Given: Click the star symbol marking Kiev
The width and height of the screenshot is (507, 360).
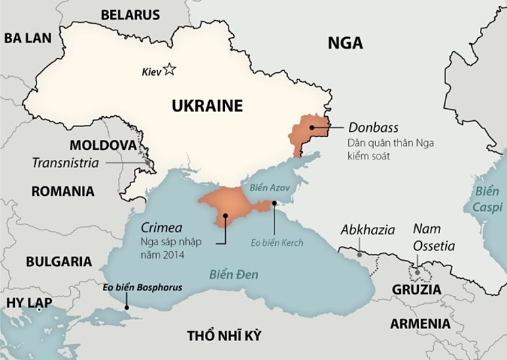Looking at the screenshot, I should coord(169,70).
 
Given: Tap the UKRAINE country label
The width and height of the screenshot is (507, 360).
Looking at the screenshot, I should coord(207,106).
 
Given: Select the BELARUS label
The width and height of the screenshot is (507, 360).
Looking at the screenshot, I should coord(130,15).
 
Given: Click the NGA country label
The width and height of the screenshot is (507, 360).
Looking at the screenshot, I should coord(345,43).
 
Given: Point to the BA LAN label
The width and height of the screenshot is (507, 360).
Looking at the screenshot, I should coord(28,38).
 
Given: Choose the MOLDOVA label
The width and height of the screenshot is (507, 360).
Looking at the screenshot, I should coord(102,145).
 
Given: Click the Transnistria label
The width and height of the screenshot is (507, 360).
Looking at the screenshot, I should coord(65,163).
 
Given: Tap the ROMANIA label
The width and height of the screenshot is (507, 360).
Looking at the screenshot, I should coord(63,191).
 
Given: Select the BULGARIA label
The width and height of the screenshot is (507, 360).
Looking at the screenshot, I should coord(59,261).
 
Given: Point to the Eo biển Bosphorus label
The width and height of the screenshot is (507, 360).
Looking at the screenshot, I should coord(142,287).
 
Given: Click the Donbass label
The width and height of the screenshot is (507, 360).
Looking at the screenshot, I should coord(373,128).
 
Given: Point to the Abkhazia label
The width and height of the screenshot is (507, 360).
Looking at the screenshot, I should coord(368,230).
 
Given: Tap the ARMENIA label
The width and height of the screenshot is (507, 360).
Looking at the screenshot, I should coord(420,324).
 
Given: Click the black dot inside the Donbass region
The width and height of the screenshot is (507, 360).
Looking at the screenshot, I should coord(311,127).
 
